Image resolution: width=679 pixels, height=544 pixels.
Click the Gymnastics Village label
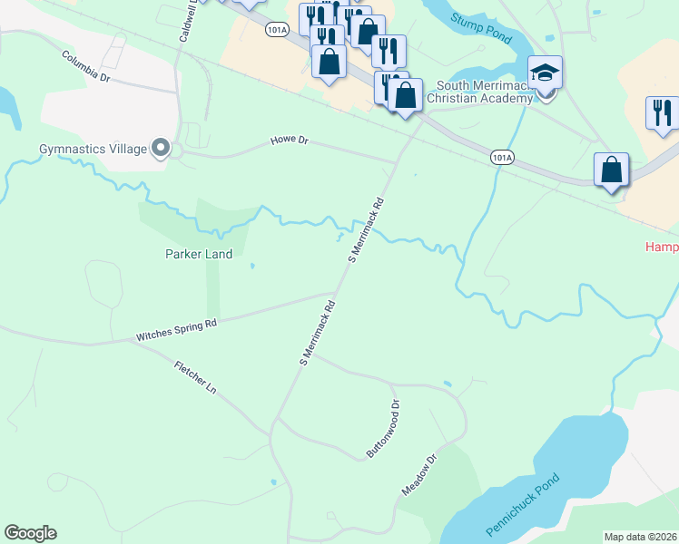[x=93, y=149]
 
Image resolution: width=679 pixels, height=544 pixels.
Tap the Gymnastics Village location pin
[x=162, y=147]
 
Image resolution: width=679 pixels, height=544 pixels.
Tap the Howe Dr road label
[x=290, y=141]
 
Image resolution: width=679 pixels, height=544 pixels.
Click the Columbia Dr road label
[x=86, y=66]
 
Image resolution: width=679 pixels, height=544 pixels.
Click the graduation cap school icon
[x=546, y=73]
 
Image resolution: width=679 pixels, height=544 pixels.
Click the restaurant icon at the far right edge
[x=663, y=112]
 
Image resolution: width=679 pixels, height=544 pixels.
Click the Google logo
[x=30, y=533]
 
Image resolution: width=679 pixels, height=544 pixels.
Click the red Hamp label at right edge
[x=661, y=246]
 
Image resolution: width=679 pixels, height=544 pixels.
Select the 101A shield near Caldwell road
[x=279, y=30]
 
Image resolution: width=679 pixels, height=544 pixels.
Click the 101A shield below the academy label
[x=502, y=157]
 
